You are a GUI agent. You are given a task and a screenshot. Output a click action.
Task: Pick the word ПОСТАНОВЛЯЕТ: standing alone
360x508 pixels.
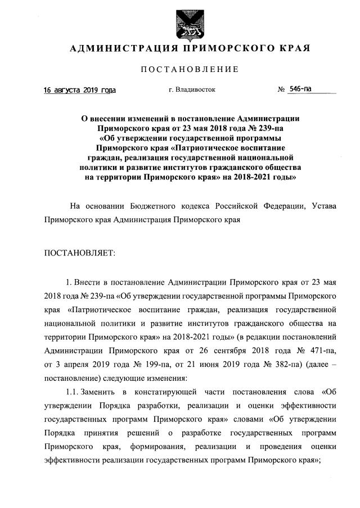79,253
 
